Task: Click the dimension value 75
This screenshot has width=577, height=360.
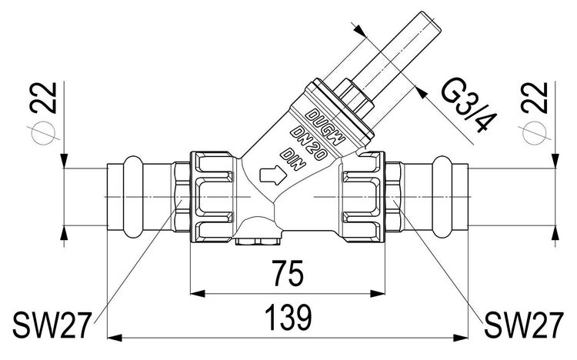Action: click(x=288, y=273)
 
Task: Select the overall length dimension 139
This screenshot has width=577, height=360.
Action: click(x=288, y=317)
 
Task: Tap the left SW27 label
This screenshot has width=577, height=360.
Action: click(x=52, y=325)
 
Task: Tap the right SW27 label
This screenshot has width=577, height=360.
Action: click(x=524, y=325)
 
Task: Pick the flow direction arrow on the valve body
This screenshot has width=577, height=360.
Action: click(x=272, y=175)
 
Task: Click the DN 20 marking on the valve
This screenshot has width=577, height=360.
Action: click(x=309, y=144)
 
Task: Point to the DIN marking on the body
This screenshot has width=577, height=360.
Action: click(x=293, y=159)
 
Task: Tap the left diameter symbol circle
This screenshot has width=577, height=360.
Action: click(x=43, y=132)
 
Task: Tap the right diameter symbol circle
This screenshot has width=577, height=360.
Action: click(x=535, y=132)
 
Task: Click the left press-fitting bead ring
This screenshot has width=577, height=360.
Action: click(x=132, y=197)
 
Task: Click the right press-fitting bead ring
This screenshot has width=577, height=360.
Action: click(x=442, y=197)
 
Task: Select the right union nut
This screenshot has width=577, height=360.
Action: click(x=363, y=197)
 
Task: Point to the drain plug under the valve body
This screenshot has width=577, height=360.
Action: click(x=258, y=242)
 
